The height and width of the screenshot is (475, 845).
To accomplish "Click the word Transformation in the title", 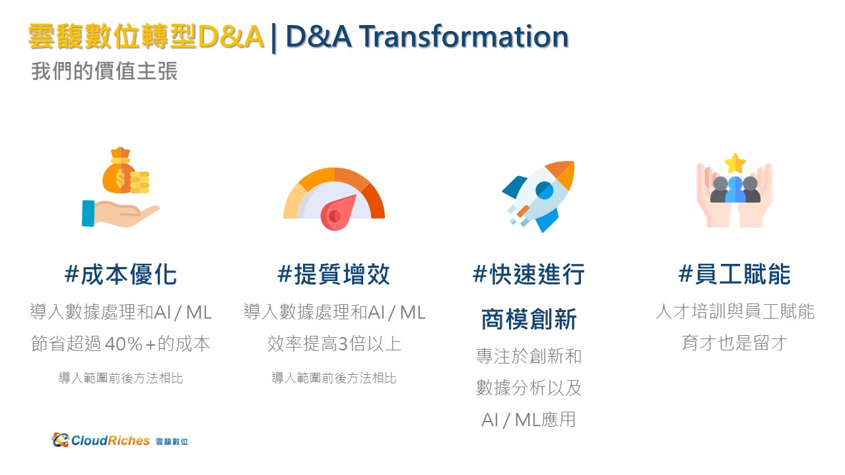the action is click(463, 36).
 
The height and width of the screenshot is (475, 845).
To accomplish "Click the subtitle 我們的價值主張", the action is click(104, 71).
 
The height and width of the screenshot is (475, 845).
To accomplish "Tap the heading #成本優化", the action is click(120, 274).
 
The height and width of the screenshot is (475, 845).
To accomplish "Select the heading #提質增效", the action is click(333, 274).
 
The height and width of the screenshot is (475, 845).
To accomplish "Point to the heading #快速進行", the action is click(529, 274).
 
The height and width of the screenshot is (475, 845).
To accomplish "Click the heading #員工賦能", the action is click(735, 274).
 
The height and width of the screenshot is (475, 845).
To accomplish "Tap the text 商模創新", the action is click(529, 319).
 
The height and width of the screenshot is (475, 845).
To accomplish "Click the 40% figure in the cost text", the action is click(123, 344).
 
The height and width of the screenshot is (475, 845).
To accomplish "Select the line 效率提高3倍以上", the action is click(334, 344).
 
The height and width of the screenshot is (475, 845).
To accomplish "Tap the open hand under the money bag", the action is click(121, 213).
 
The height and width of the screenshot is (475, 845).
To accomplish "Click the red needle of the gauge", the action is click(337, 213).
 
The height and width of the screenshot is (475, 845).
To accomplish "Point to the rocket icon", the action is click(538, 196).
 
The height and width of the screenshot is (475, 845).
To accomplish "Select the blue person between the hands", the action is click(735, 189).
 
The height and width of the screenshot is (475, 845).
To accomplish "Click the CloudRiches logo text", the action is click(110, 440).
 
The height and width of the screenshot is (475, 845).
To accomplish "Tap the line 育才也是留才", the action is click(735, 343).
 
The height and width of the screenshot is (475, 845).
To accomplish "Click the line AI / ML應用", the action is click(529, 420).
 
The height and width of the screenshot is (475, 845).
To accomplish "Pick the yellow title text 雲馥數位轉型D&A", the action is click(146, 36).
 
